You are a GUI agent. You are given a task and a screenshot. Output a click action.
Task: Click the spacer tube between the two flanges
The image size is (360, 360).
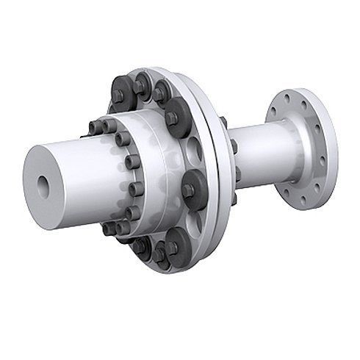[253, 151]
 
